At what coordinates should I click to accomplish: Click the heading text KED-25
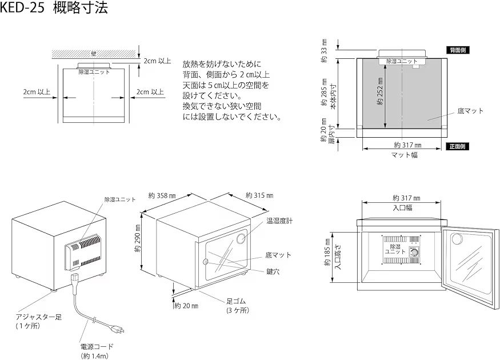(23, 9)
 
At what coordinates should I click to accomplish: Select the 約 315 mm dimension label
(258, 195)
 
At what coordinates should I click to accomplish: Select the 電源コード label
(97, 346)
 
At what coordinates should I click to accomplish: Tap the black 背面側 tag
(458, 50)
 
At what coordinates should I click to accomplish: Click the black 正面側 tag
(458, 146)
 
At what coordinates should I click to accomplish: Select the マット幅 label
(403, 155)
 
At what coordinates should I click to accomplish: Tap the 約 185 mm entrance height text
(328, 253)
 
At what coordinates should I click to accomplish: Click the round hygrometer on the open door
(457, 240)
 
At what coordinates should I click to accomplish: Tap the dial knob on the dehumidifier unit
(418, 253)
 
